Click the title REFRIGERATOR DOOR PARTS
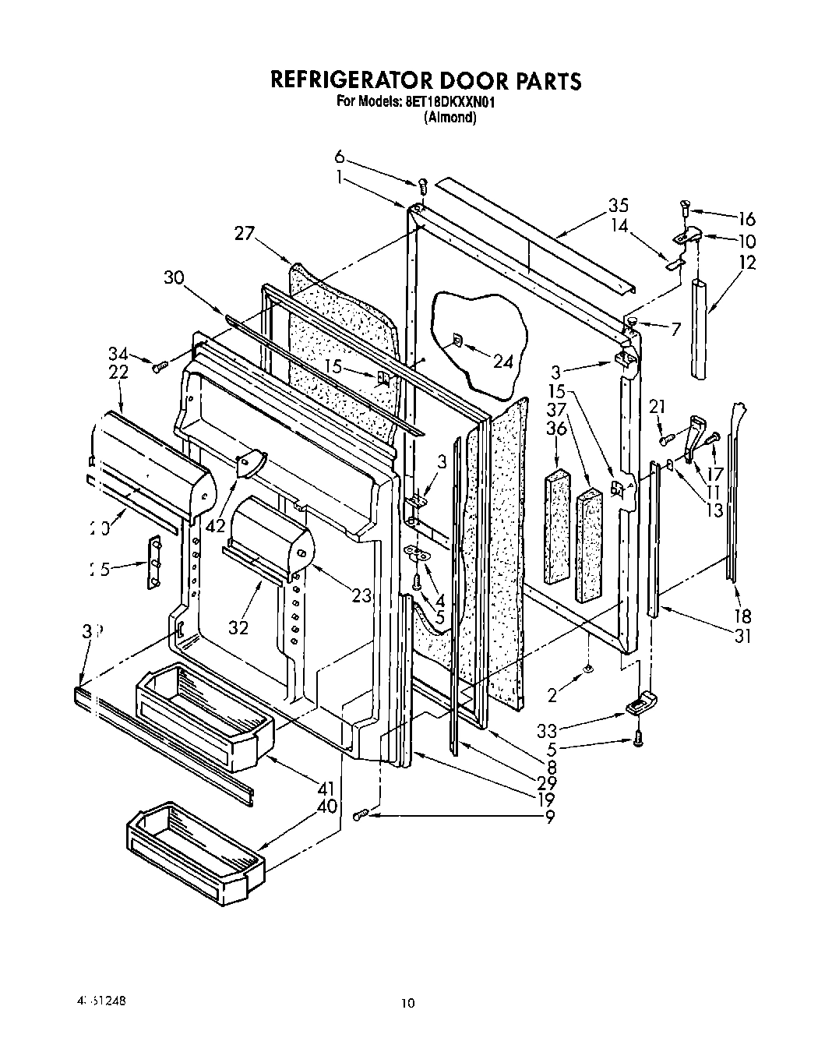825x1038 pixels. click(x=425, y=80)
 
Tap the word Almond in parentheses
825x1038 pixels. click(x=450, y=118)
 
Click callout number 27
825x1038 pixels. click(x=244, y=232)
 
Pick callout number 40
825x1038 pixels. click(x=327, y=807)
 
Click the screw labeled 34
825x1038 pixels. click(x=160, y=365)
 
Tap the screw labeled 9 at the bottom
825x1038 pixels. click(x=361, y=815)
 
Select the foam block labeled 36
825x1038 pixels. click(x=557, y=526)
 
